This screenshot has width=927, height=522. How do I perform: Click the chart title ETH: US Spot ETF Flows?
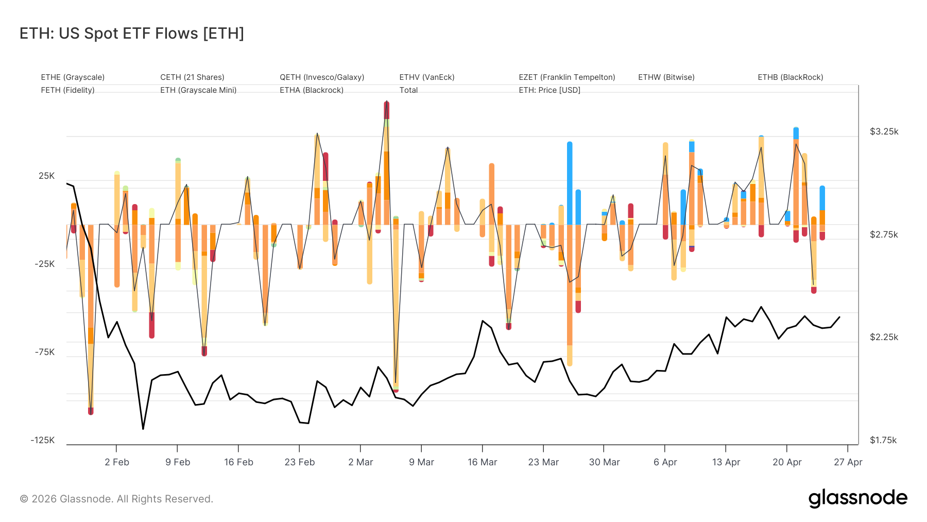click(x=132, y=33)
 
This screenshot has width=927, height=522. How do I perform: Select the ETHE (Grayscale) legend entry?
click(x=73, y=77)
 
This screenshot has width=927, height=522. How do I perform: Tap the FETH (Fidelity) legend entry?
click(x=67, y=90)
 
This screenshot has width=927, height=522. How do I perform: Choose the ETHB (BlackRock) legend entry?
click(x=790, y=77)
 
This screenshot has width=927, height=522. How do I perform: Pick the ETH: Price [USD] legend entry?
click(x=549, y=90)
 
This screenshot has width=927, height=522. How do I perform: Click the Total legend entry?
click(x=408, y=90)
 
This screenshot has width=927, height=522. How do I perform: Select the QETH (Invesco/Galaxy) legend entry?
click(x=322, y=77)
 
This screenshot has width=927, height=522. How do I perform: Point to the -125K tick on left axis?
click(x=43, y=440)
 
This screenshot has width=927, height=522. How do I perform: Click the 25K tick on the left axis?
click(x=46, y=176)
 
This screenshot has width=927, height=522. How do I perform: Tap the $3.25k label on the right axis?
click(x=884, y=131)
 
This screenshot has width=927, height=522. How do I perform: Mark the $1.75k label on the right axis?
click(x=883, y=440)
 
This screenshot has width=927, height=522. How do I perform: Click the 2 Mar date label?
click(x=360, y=462)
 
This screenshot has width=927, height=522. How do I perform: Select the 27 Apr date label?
click(x=848, y=462)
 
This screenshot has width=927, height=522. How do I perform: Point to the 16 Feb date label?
click(x=238, y=462)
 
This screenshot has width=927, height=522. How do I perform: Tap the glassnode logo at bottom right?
click(x=857, y=498)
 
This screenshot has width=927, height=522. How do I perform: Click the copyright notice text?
click(x=116, y=499)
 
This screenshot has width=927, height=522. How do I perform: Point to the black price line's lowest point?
click(x=143, y=429)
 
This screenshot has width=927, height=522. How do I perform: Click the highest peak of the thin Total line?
click(x=387, y=101)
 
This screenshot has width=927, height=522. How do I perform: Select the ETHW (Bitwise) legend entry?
click(x=666, y=77)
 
